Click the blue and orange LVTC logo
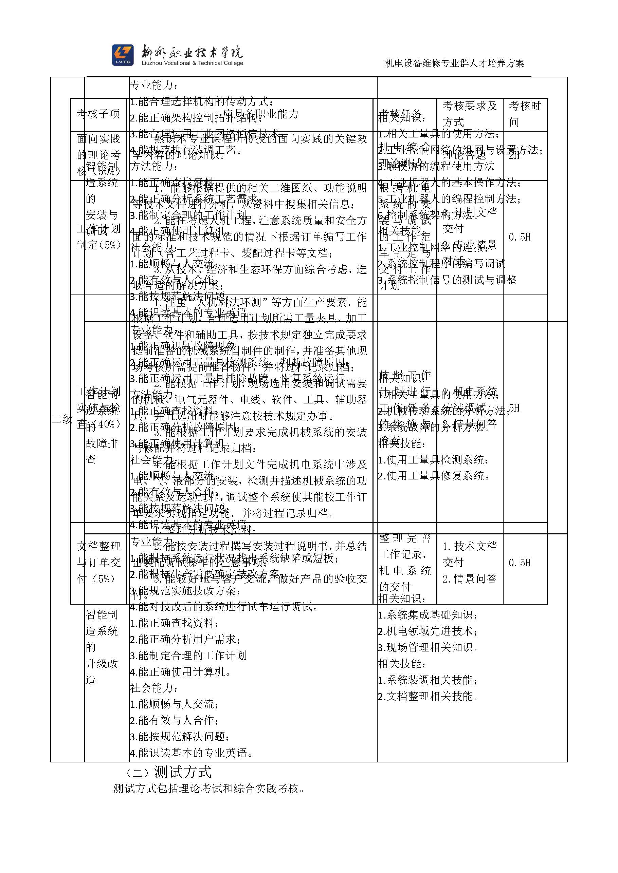pyautogui.click(x=123, y=55)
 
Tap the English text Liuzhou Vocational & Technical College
pyautogui.click(x=192, y=63)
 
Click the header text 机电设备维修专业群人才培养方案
pyautogui.click(x=454, y=63)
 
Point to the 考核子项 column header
pyautogui.click(x=98, y=114)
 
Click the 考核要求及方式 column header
pyautogui.click(x=470, y=114)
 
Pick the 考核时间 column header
pyautogui.click(x=524, y=114)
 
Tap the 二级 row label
pyautogui.click(x=62, y=419)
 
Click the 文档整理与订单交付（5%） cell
pyautogui.click(x=98, y=562)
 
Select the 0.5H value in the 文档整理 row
pyautogui.click(x=520, y=562)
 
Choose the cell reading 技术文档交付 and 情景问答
pyautogui.click(x=470, y=562)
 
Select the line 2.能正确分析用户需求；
pyautogui.click(x=185, y=639)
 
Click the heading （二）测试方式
pyautogui.click(x=168, y=772)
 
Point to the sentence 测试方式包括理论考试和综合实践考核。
pyautogui.click(x=209, y=789)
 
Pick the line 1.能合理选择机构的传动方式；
pyautogui.click(x=201, y=101)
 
